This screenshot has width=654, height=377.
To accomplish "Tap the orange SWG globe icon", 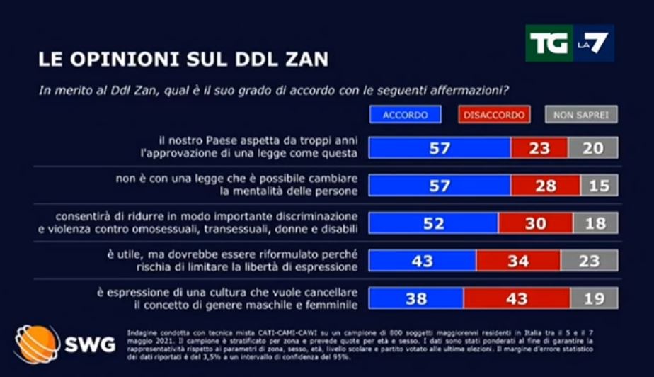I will tap(38, 344).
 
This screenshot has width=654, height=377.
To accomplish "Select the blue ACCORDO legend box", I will tap(405, 115).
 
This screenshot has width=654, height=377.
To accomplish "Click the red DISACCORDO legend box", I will tap(495, 115).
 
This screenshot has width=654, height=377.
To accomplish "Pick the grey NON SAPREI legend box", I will tap(580, 115).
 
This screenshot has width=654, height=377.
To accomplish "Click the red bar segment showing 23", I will tap(539, 148).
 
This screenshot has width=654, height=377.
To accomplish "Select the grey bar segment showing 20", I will tap(592, 148).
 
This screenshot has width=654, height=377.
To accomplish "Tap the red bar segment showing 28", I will tap(545, 186).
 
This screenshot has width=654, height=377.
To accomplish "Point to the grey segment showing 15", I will tap(599, 186).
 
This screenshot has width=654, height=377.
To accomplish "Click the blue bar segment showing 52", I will tap(434, 223).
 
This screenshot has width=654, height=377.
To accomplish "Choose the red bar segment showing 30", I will tap(535, 223).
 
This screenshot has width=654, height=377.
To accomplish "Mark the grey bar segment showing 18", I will tap(595, 223).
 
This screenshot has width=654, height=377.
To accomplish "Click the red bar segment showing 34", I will tap(518, 261).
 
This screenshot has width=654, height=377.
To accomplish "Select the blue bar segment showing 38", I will tap(416, 298).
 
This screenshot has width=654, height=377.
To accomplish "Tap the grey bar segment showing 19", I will tap(594, 298).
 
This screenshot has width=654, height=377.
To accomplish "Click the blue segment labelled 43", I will tap(423, 261).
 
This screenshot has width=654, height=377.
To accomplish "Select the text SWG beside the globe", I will tap(90, 345).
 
